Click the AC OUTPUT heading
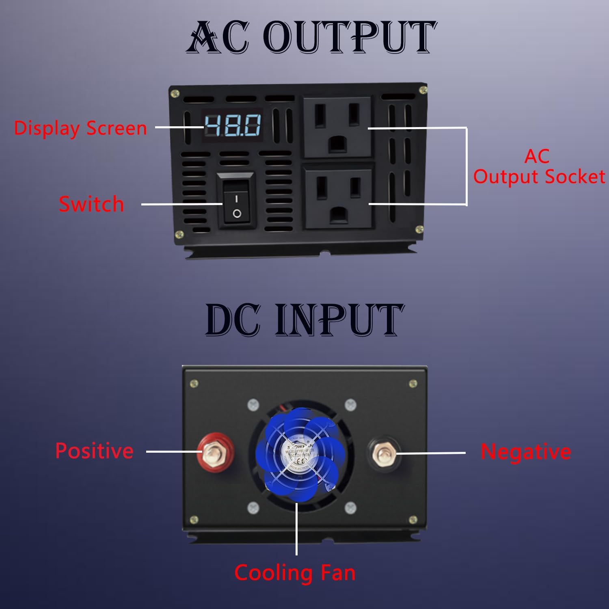coord(311,37)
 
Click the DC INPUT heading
coord(304,320)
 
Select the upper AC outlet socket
coord(338,127)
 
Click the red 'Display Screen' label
coord(80,128)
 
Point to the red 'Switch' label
coord(91,204)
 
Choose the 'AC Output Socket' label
coord(538,167)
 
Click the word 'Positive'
coord(94,451)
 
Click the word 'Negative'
coord(526,452)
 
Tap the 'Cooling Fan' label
coord(295,573)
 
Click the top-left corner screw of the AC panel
coord(175,93)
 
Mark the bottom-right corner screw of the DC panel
coord(413,519)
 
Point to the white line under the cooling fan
coord(297,528)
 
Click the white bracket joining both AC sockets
coord(466,166)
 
